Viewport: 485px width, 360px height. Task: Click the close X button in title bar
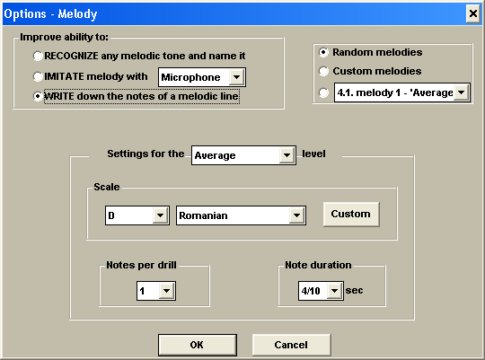(473, 13)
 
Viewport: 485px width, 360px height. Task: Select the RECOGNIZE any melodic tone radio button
(38, 56)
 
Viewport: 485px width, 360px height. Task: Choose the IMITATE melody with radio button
(38, 76)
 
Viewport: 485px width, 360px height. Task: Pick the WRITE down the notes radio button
(38, 96)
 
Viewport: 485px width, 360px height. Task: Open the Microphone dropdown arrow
(236, 77)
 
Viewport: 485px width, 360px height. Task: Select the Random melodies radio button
(323, 52)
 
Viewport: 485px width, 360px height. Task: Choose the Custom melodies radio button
(323, 71)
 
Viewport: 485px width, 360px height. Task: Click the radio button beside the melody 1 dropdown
(323, 92)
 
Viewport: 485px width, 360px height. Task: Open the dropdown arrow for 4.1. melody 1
(462, 92)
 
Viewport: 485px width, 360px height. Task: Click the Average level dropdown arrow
(287, 155)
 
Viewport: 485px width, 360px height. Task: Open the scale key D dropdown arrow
(160, 215)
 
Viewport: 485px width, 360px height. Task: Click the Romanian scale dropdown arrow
(296, 215)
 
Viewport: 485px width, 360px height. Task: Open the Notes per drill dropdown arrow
(167, 291)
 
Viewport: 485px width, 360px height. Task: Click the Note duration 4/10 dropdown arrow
(334, 291)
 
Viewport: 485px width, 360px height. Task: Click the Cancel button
(291, 345)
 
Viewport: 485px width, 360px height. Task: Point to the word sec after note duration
(354, 290)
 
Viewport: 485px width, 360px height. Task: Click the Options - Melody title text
(50, 14)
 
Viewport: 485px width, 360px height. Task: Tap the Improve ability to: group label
(64, 37)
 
